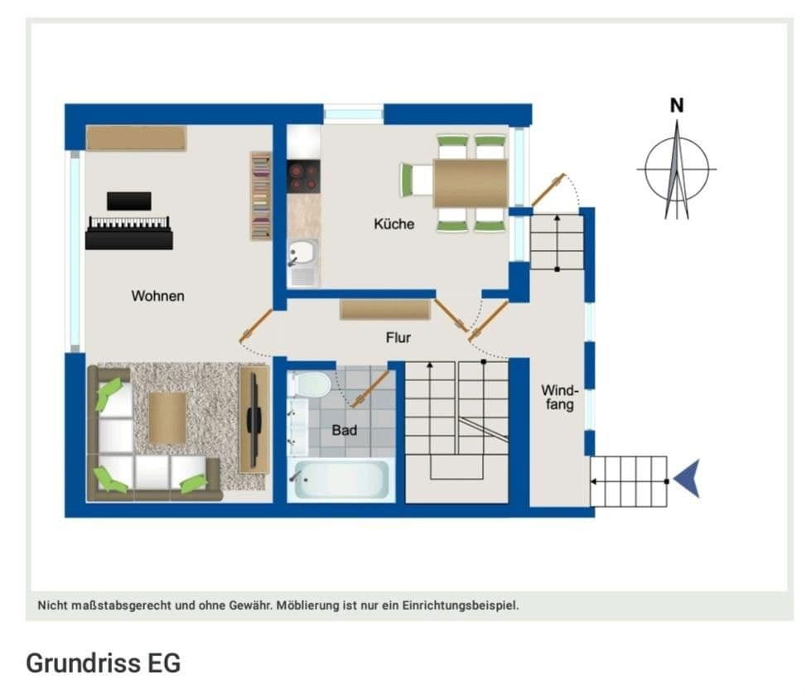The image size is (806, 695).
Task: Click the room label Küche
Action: coord(393,224)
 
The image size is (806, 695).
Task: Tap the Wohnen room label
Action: coord(157,296)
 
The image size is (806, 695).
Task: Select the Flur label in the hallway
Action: coord(398,337)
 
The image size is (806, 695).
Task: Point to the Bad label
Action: coord(344,430)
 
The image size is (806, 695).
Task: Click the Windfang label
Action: coord(557,398)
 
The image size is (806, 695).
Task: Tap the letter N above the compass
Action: coord(677,106)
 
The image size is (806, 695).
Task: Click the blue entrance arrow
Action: coord(687,480)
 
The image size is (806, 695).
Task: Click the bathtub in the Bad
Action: coord(340,479)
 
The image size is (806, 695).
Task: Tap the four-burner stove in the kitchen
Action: coord(303,176)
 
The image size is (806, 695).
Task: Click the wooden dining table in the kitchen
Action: coord(470,183)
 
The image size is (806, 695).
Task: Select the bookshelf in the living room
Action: coord(261,196)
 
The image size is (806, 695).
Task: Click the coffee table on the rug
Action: coord(167,417)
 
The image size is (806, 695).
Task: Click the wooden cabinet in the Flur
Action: coord(384,309)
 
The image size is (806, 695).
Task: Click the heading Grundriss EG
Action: coord(103,664)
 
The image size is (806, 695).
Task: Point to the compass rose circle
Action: coord(677,169)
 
